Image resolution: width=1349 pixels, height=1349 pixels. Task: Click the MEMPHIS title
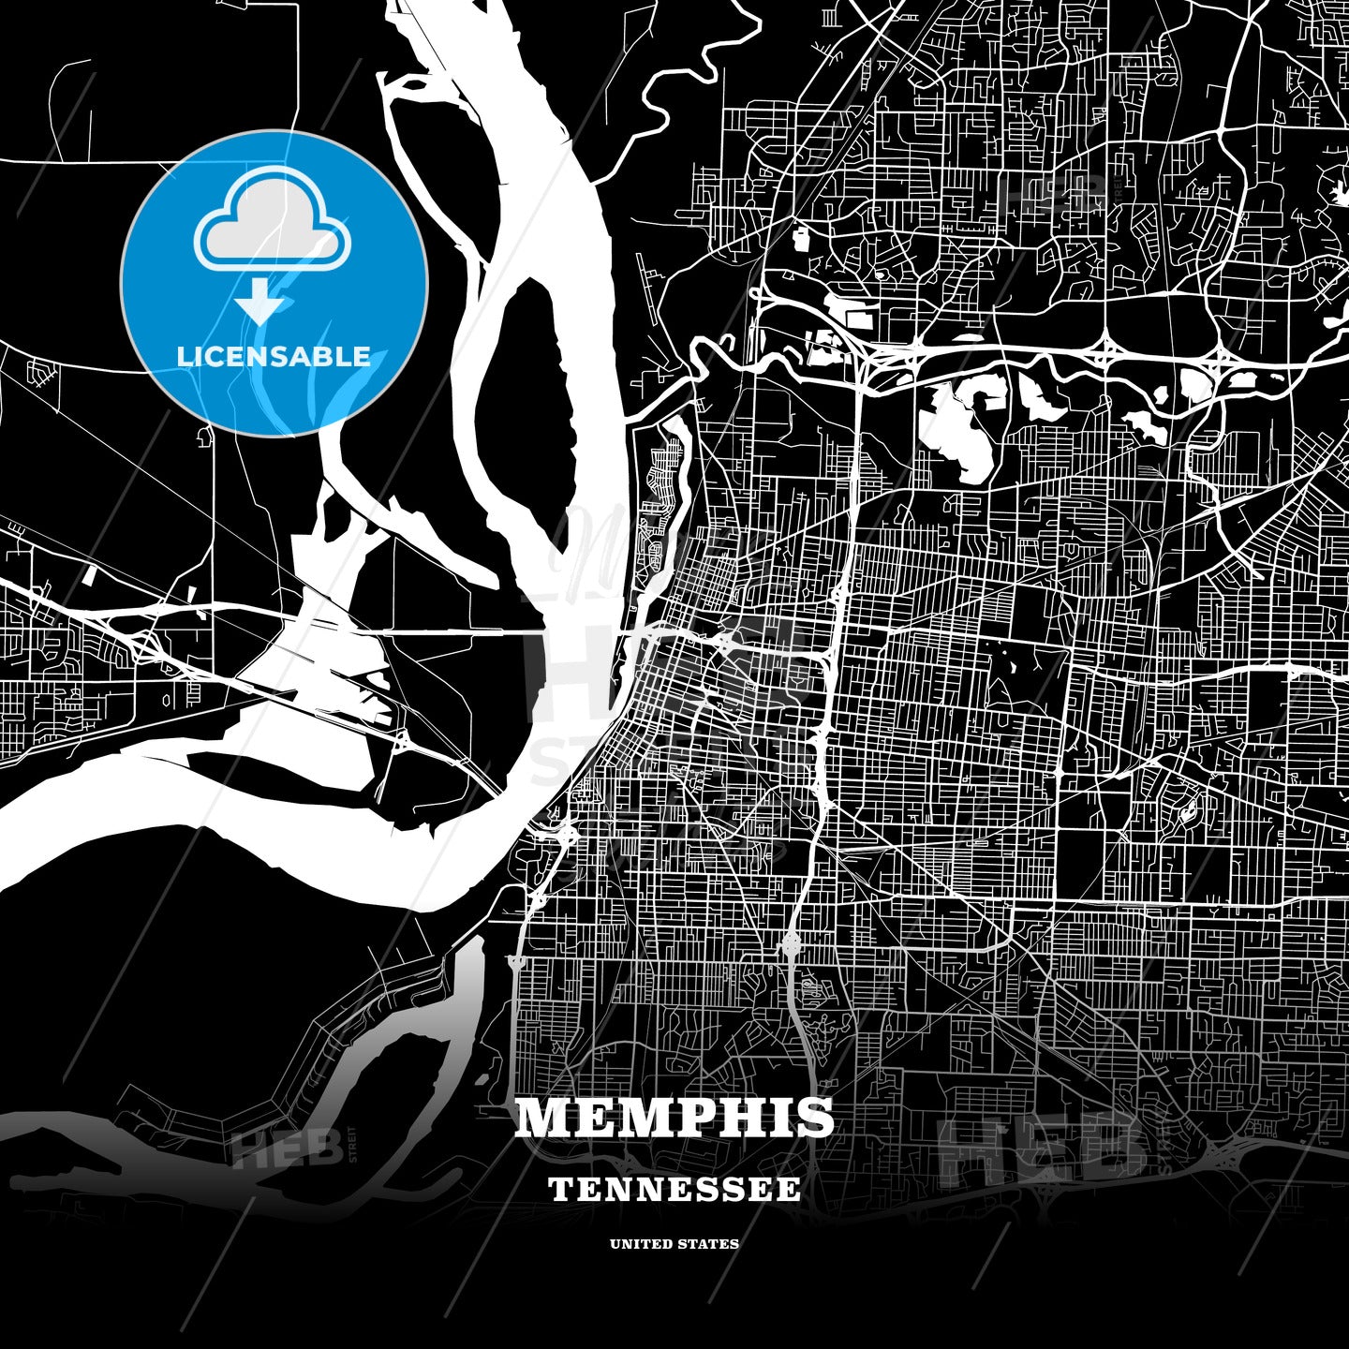click(x=674, y=1117)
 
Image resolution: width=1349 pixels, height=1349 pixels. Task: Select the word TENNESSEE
click(x=674, y=1190)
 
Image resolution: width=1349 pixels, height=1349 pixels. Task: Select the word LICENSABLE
click(x=274, y=356)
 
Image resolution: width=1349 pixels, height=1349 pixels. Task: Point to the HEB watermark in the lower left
click(x=285, y=1149)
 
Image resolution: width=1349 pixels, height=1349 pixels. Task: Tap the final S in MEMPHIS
click(x=815, y=1117)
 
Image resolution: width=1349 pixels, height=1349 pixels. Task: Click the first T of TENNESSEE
click(x=559, y=1190)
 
